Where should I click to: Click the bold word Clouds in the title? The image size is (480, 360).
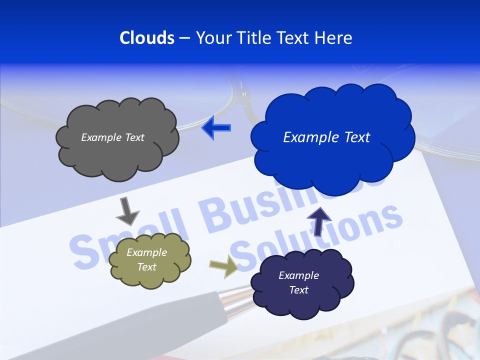[146, 38]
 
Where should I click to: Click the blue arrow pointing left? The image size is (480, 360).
[216, 128]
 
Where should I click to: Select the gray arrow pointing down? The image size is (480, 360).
[127, 210]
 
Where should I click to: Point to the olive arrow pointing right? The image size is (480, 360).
[223, 266]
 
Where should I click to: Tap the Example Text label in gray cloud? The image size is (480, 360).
[112, 137]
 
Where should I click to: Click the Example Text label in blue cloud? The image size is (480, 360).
[326, 137]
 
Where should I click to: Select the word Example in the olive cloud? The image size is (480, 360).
[146, 252]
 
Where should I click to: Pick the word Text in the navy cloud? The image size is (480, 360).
[298, 290]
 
